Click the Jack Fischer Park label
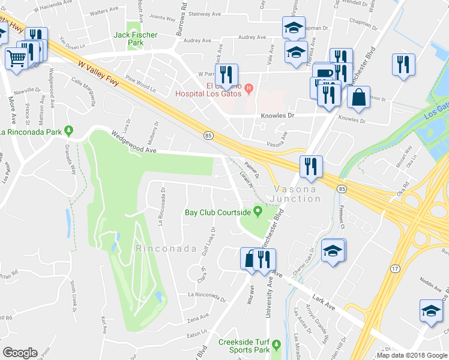136,39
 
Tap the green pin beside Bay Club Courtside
258,211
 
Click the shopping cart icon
16,58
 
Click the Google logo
20,353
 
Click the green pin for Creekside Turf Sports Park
276,344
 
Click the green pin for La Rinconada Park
70,130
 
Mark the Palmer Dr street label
252,170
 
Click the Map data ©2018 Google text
412,355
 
